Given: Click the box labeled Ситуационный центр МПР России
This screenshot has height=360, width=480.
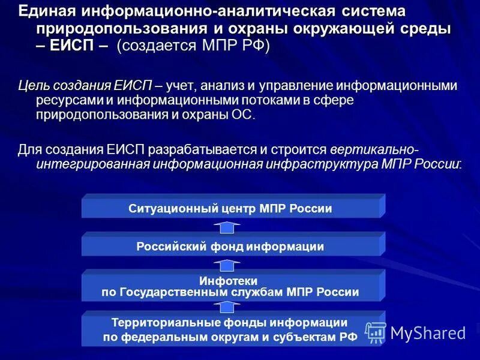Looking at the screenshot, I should point(230,208).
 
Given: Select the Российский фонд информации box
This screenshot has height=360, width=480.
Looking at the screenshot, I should point(230,246).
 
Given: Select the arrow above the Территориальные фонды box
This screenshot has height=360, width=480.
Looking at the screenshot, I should point(228,306).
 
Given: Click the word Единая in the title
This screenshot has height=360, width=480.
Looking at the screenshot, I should point(46,11).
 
